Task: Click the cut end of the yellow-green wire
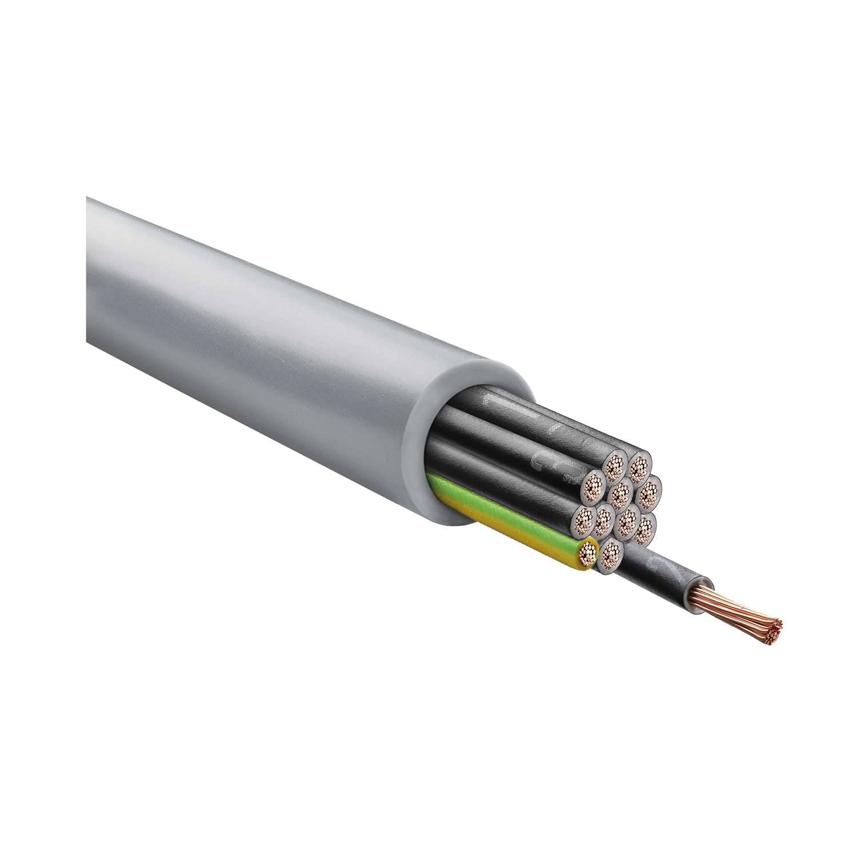[x=586, y=554]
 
